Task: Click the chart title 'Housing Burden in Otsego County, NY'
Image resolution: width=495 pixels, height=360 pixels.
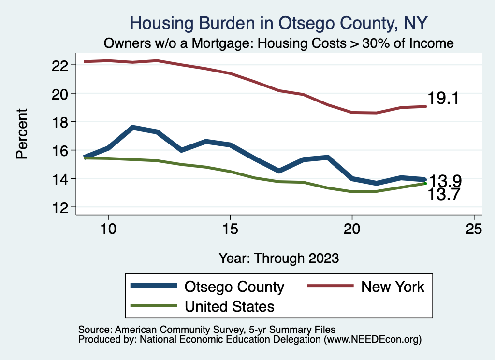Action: (x=279, y=23)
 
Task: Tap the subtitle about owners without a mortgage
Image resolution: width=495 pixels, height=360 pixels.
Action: (x=279, y=43)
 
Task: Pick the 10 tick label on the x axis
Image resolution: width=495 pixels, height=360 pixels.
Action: (x=108, y=229)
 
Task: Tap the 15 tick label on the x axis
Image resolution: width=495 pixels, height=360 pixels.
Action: (x=230, y=229)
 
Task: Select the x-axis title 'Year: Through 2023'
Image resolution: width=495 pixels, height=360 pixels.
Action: (x=278, y=258)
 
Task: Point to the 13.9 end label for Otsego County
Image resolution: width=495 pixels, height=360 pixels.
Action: (x=445, y=181)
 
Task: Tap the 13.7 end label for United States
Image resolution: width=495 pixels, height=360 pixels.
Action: (x=445, y=194)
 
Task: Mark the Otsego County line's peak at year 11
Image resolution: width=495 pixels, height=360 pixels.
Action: (x=133, y=128)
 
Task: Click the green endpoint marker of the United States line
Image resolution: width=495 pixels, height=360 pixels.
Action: (x=425, y=183)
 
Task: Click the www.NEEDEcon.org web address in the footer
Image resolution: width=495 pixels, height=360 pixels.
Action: (x=372, y=339)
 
